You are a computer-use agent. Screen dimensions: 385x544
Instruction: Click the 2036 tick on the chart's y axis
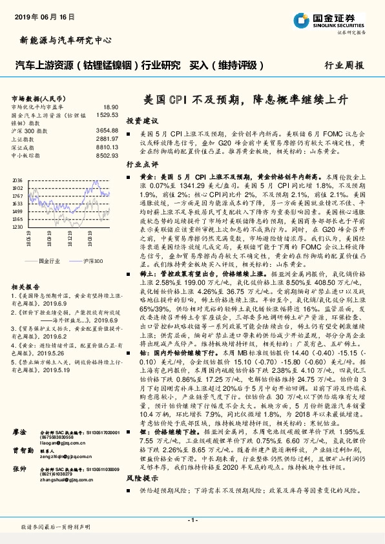(x=18, y=180)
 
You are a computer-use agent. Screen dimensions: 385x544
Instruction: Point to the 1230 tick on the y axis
(x=18, y=227)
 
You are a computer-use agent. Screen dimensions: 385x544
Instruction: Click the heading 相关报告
(x=26, y=287)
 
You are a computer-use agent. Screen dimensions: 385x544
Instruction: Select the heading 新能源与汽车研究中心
(x=57, y=41)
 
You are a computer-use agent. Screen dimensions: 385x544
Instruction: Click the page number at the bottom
(x=192, y=520)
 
